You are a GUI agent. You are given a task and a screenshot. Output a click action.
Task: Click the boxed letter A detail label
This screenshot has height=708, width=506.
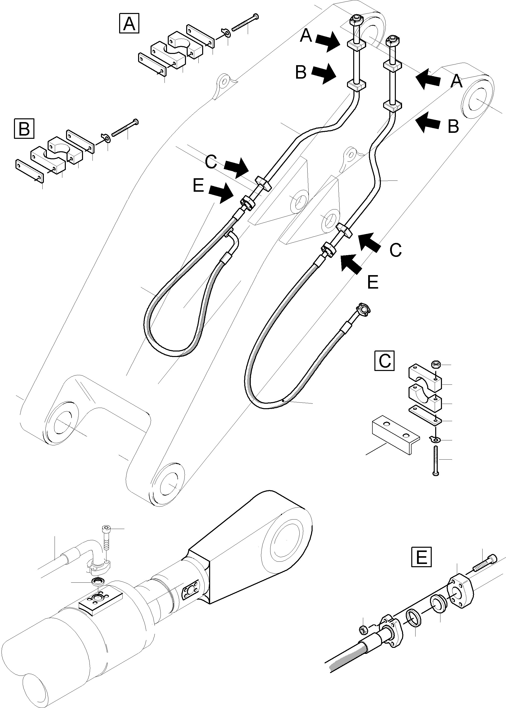click(x=129, y=23)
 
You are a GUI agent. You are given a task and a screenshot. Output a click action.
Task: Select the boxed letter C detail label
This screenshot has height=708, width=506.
click(x=384, y=361)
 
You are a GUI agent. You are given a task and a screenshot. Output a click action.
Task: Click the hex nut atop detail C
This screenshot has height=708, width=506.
click(x=435, y=364)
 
